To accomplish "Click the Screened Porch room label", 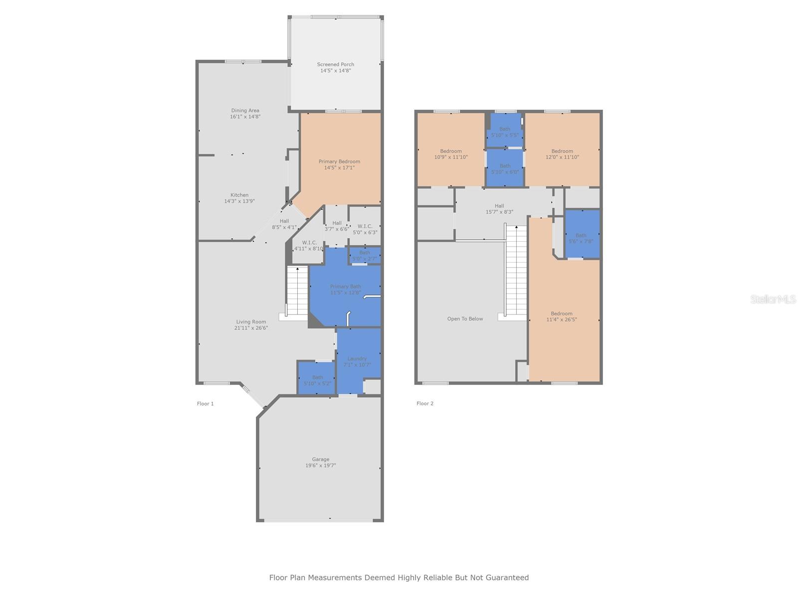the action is [x=335, y=68].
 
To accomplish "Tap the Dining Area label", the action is [x=245, y=114].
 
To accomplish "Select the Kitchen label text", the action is [x=239, y=198].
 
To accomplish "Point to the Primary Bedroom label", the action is [x=339, y=164].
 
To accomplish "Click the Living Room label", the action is [x=251, y=324].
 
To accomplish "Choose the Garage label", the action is [x=320, y=462].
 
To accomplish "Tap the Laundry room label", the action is [x=357, y=361].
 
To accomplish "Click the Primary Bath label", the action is [x=345, y=290].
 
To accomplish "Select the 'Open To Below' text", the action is [x=465, y=319].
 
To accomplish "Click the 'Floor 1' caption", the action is [x=205, y=403].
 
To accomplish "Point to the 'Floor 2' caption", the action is [x=424, y=403].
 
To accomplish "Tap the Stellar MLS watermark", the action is [x=773, y=299].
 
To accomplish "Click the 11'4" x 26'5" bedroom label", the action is [x=561, y=316].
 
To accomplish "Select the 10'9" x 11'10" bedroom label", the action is [x=451, y=154].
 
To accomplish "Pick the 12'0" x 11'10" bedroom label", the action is [x=562, y=154].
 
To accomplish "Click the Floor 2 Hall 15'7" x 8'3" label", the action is [x=499, y=209].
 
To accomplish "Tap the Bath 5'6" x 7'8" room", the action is [x=582, y=234].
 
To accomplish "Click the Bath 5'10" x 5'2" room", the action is [x=316, y=378].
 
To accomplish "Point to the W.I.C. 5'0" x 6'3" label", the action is [x=365, y=229].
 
